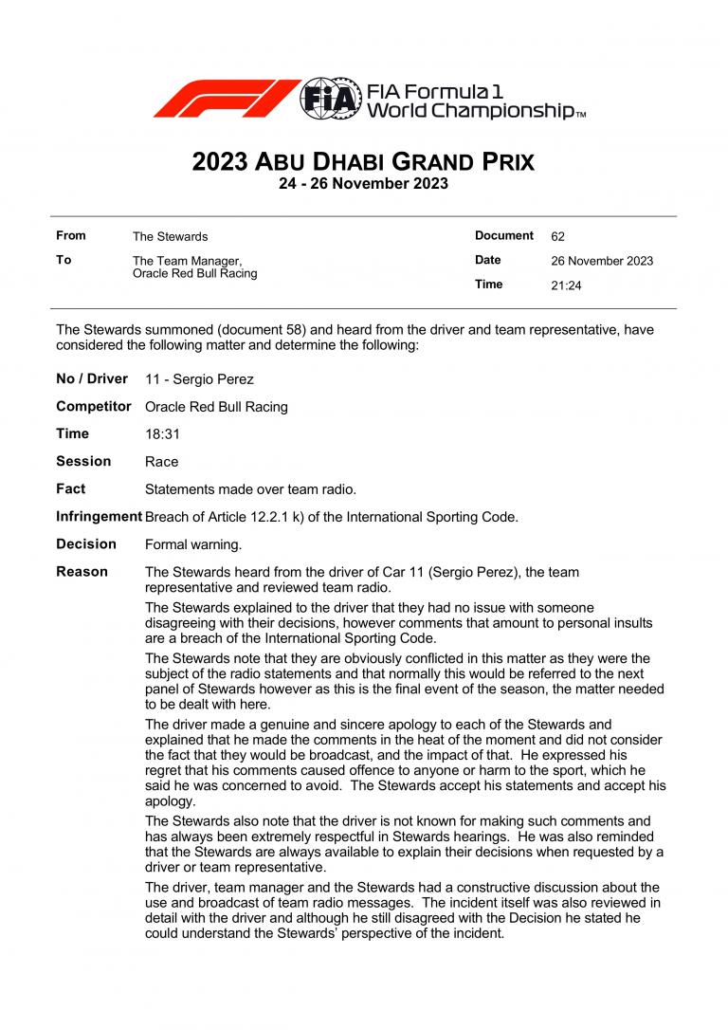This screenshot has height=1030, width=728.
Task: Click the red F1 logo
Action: coord(226,99)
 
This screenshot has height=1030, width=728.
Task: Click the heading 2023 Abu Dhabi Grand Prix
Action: coord(363,162)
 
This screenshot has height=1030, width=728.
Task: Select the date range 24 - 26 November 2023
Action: coord(363,184)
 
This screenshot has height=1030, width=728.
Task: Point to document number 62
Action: coord(557,236)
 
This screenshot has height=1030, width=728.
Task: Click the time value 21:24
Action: coord(566,285)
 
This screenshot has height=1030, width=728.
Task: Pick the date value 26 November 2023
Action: coord(602,261)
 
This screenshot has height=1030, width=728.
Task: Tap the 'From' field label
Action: coord(71,235)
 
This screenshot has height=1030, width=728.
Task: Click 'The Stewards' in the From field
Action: coord(170,236)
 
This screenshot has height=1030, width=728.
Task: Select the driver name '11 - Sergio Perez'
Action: coord(199,379)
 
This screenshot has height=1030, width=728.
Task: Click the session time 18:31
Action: coord(162,434)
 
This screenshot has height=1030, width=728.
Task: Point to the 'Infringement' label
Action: coord(99,516)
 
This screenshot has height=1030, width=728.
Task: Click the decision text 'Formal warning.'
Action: coord(193,544)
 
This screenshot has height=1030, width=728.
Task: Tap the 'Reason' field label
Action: coord(82,571)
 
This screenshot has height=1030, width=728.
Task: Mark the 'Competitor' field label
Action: coord(93,406)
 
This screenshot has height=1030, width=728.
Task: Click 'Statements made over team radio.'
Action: coord(250,489)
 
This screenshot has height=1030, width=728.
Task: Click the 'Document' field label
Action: coord(504,235)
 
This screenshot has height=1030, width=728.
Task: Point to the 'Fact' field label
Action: coord(70,488)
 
